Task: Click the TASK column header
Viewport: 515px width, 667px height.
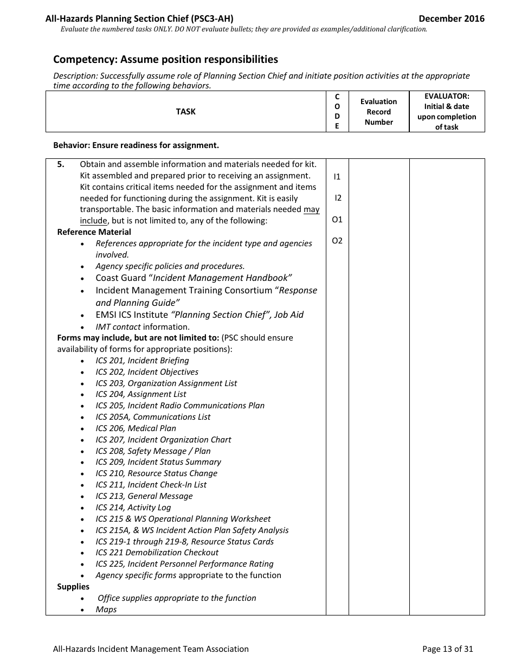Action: tap(185, 111)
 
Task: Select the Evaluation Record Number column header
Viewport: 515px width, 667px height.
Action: tap(378, 112)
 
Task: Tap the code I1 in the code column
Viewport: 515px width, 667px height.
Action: tap(337, 176)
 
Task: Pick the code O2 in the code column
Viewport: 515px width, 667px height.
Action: tap(337, 241)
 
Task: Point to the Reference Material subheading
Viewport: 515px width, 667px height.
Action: tap(94, 232)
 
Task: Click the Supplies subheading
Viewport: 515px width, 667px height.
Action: tap(73, 586)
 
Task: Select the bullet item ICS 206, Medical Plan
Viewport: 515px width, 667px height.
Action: tap(136, 428)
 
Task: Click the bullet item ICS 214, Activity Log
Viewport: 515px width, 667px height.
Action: tap(133, 507)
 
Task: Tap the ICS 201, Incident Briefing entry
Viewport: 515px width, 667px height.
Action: tap(142, 360)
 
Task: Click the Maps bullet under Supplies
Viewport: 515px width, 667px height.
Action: tap(106, 609)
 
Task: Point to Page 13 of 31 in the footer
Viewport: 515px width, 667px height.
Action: tap(447, 649)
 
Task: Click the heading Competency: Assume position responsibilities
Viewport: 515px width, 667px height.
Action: tap(165, 59)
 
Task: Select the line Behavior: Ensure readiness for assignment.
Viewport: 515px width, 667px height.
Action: tap(136, 145)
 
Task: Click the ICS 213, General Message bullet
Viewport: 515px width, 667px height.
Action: tap(144, 496)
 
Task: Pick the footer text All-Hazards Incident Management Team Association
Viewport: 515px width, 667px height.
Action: tap(151, 649)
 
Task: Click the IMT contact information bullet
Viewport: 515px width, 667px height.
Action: tap(143, 326)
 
